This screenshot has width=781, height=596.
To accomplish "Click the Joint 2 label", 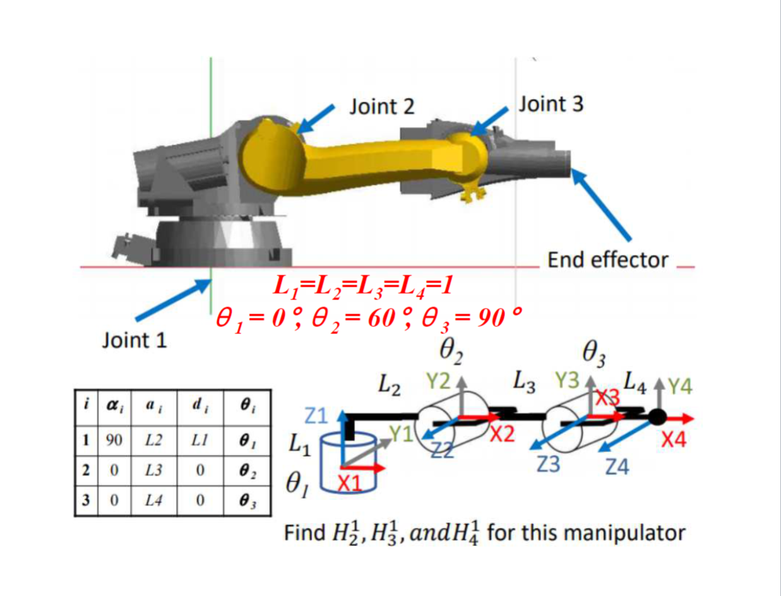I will [x=382, y=106].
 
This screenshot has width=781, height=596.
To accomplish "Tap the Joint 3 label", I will [x=551, y=105].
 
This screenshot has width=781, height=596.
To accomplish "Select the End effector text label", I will [x=607, y=260].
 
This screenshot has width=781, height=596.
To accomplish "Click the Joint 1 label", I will [x=135, y=340].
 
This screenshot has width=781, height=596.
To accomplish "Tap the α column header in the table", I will [x=112, y=407].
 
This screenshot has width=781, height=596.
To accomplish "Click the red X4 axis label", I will [x=674, y=441].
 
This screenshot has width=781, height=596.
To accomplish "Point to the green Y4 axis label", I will [x=681, y=388].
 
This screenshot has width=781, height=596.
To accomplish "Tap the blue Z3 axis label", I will [x=551, y=465].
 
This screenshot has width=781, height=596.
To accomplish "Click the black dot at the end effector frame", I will [x=657, y=417].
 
